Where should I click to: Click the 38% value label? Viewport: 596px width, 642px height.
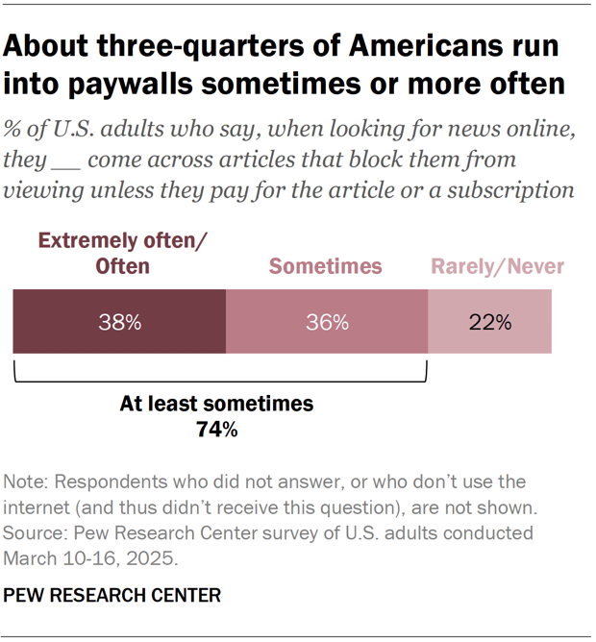click(119, 322)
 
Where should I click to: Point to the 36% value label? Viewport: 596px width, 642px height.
click(326, 322)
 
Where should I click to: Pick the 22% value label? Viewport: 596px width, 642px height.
click(489, 322)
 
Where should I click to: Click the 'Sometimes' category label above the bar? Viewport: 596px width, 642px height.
click(325, 266)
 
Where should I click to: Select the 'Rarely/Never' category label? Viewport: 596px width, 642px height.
click(497, 266)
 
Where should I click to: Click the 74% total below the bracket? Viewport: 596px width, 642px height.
click(216, 431)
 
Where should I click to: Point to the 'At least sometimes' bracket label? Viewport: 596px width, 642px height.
click(216, 405)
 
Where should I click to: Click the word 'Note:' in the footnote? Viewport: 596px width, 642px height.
click(26, 481)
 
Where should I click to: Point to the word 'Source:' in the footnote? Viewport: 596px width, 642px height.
click(35, 532)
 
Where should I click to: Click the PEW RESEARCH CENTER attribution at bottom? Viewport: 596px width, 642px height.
click(112, 596)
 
